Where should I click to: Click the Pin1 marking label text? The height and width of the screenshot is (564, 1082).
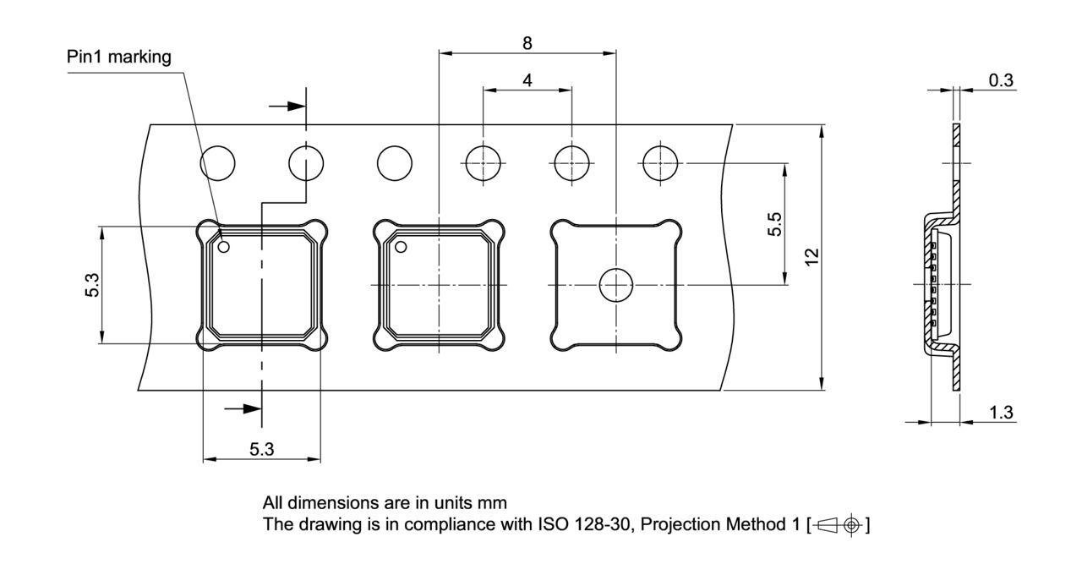click(119, 57)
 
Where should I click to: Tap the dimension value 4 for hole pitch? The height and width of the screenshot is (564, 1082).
click(527, 80)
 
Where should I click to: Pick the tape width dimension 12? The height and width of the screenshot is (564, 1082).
click(811, 257)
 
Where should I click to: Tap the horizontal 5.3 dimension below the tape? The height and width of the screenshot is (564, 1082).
click(261, 449)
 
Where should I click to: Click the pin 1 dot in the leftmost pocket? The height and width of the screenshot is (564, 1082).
click(224, 248)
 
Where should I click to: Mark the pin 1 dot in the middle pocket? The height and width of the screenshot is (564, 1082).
click(402, 247)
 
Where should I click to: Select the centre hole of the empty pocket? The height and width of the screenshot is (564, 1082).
click(616, 285)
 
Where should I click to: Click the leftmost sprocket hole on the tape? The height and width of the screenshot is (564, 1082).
click(217, 162)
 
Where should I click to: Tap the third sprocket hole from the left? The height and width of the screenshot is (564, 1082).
click(394, 162)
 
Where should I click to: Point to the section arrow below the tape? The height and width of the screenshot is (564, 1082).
click(245, 408)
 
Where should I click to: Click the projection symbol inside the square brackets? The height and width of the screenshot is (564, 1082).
click(839, 524)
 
